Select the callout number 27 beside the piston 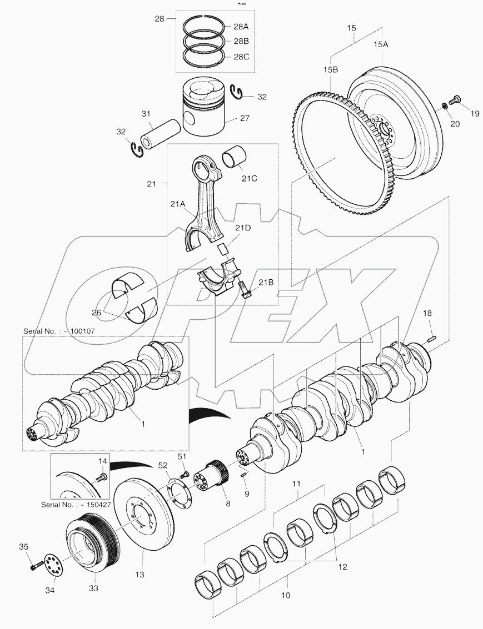(245, 118)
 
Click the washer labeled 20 (445, 105)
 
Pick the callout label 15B (331, 69)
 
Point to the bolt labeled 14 (101, 476)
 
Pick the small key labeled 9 (244, 474)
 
